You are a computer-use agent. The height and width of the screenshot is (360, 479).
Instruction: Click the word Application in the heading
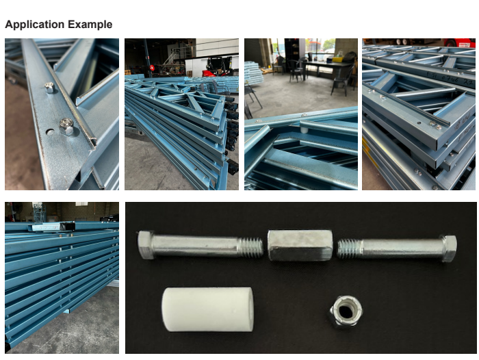point(34,25)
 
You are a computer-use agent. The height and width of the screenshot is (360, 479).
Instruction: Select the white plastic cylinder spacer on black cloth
point(208,309)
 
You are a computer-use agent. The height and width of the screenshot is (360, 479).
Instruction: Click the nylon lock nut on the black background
point(346,311)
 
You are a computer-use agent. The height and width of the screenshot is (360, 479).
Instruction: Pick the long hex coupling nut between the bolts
point(300,245)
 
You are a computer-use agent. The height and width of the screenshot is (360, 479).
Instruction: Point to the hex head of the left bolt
point(146,245)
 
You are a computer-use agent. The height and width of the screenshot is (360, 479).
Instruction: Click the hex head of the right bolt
point(448,248)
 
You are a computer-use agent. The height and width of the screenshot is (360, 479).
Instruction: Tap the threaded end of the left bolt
point(250,247)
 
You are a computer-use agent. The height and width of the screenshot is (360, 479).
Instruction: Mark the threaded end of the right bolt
point(350,248)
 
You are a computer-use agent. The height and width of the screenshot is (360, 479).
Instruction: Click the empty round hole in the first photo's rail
point(50,132)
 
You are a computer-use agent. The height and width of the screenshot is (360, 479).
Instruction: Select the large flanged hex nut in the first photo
point(66,126)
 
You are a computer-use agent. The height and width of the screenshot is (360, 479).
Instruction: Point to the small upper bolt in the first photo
point(49,88)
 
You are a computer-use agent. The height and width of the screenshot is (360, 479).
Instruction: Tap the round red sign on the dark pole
point(152,68)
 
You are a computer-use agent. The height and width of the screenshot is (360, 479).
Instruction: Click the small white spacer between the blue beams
point(304,131)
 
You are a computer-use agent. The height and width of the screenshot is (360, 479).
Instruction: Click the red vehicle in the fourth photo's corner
point(459,42)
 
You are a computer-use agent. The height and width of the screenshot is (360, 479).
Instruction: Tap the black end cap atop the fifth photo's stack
point(67,226)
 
